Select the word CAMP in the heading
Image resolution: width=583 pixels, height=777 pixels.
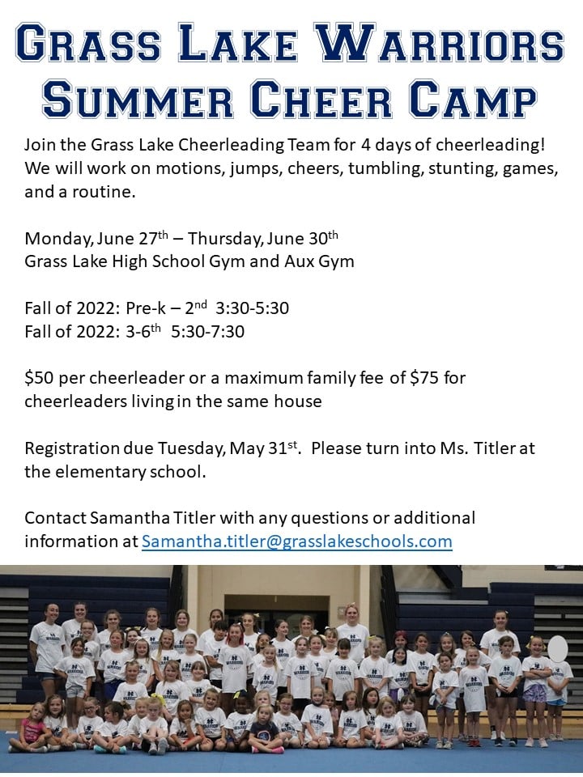(x=473, y=98)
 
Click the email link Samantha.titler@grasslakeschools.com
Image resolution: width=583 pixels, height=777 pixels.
(x=297, y=541)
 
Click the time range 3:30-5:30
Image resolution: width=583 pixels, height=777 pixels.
(x=252, y=308)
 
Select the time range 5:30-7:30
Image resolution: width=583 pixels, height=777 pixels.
(x=208, y=332)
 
